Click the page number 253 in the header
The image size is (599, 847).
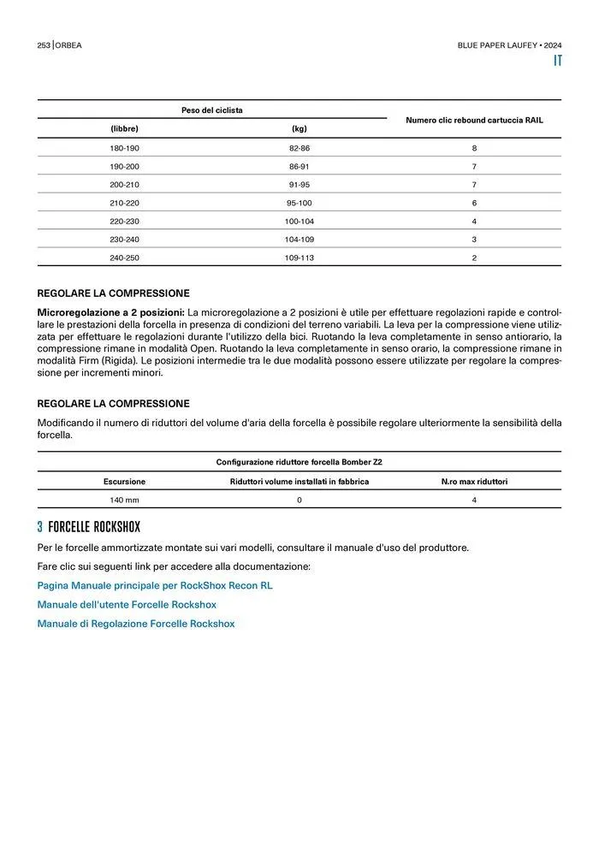[44, 44]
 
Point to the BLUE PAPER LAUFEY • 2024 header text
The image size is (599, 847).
[509, 44]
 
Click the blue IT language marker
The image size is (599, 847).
[557, 61]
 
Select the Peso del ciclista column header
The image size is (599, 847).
[211, 110]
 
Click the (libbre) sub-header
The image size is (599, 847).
[124, 128]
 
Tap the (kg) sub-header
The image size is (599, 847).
[299, 128]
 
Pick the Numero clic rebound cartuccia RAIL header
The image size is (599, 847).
[474, 120]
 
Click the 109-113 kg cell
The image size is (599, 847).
[299, 258]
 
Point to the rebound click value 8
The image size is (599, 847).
[474, 148]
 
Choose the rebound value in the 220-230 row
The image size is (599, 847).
[474, 221]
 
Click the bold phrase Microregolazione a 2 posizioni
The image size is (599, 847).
[110, 312]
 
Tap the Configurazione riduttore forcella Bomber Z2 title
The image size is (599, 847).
[299, 462]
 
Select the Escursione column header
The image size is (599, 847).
[124, 482]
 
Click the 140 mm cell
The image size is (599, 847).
[124, 500]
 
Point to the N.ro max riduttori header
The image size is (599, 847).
[474, 482]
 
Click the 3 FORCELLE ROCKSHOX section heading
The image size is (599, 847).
[88, 526]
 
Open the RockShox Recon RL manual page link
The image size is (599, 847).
[155, 586]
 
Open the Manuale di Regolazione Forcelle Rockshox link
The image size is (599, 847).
[135, 624]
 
